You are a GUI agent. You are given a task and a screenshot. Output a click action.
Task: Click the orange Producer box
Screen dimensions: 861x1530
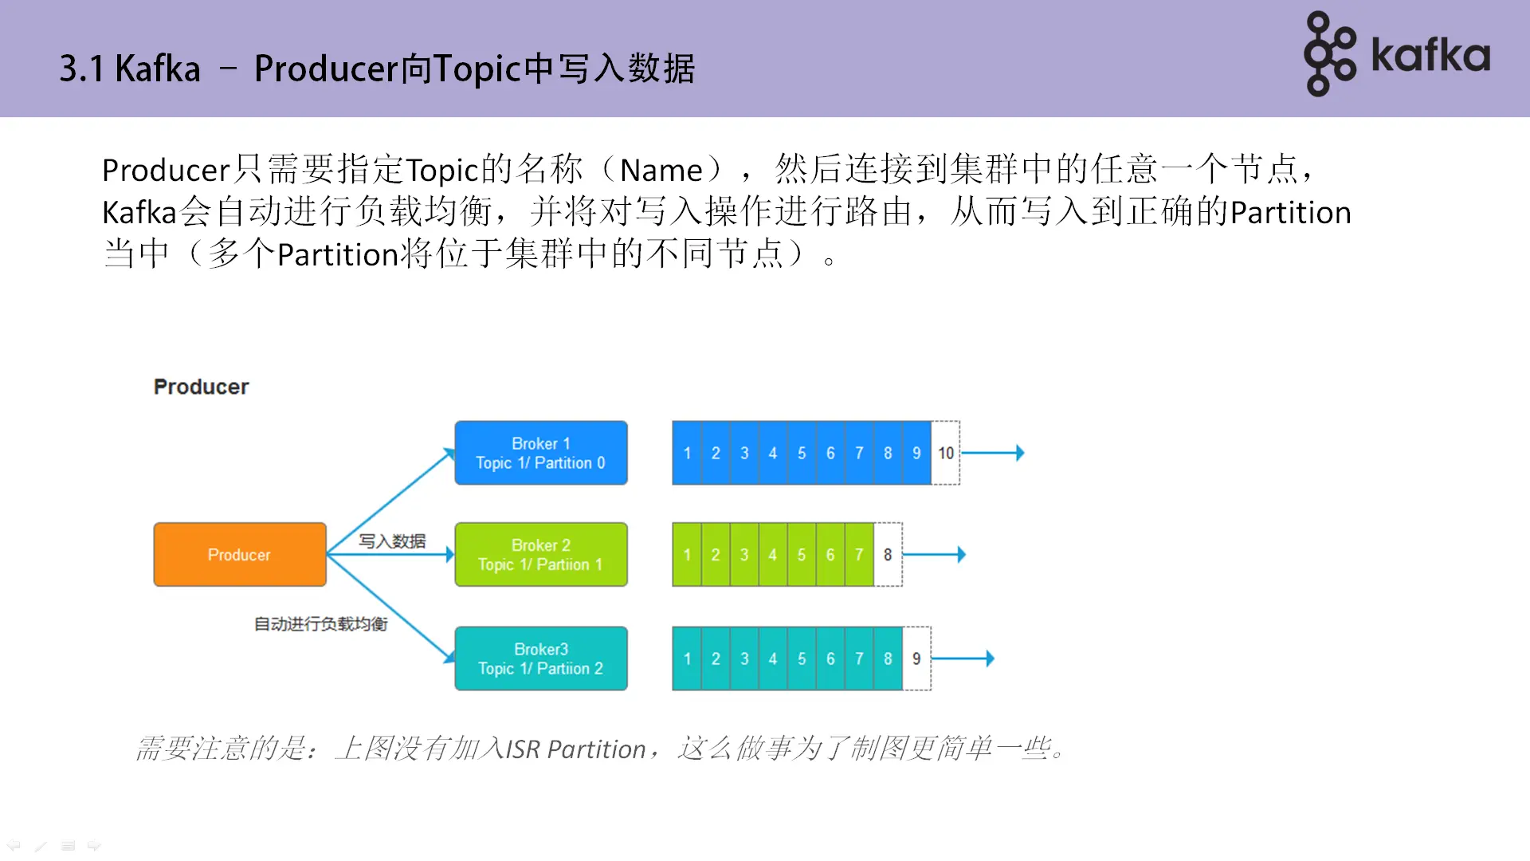(x=239, y=554)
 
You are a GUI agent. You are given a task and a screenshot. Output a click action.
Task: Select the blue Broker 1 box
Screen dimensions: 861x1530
(x=540, y=453)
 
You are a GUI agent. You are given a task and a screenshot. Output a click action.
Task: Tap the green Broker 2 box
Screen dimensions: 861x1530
(x=540, y=554)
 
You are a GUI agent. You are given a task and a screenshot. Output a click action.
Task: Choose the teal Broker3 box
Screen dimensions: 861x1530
(x=540, y=659)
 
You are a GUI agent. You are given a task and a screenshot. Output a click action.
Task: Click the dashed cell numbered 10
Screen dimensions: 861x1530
(x=945, y=453)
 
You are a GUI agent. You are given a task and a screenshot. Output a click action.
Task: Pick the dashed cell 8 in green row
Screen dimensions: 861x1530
(x=888, y=554)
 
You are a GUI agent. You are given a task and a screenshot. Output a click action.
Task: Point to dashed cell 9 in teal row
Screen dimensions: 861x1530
(x=916, y=659)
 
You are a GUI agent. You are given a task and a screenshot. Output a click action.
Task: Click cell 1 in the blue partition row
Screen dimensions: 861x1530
(x=687, y=453)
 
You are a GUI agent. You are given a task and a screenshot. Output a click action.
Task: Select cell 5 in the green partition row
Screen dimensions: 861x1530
(x=801, y=554)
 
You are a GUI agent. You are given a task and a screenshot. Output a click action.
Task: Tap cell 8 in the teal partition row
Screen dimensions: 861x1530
(x=888, y=659)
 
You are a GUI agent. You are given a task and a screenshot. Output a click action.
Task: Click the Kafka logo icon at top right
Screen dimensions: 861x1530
(x=1329, y=54)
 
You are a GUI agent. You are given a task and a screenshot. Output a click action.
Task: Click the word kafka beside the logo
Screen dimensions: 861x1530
(x=1430, y=56)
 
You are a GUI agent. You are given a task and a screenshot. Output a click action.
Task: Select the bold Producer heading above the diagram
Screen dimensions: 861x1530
(x=201, y=387)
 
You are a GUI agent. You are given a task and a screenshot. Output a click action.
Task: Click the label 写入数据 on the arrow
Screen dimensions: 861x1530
(x=391, y=541)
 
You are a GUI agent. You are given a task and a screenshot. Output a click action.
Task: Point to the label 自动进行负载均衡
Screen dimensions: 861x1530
(x=320, y=623)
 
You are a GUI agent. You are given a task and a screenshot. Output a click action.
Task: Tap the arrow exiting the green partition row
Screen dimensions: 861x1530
(x=934, y=554)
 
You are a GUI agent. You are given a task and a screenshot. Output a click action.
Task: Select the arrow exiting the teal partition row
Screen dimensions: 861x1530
(x=963, y=659)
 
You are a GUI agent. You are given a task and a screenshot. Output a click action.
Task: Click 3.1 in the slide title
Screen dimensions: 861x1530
(x=81, y=69)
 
